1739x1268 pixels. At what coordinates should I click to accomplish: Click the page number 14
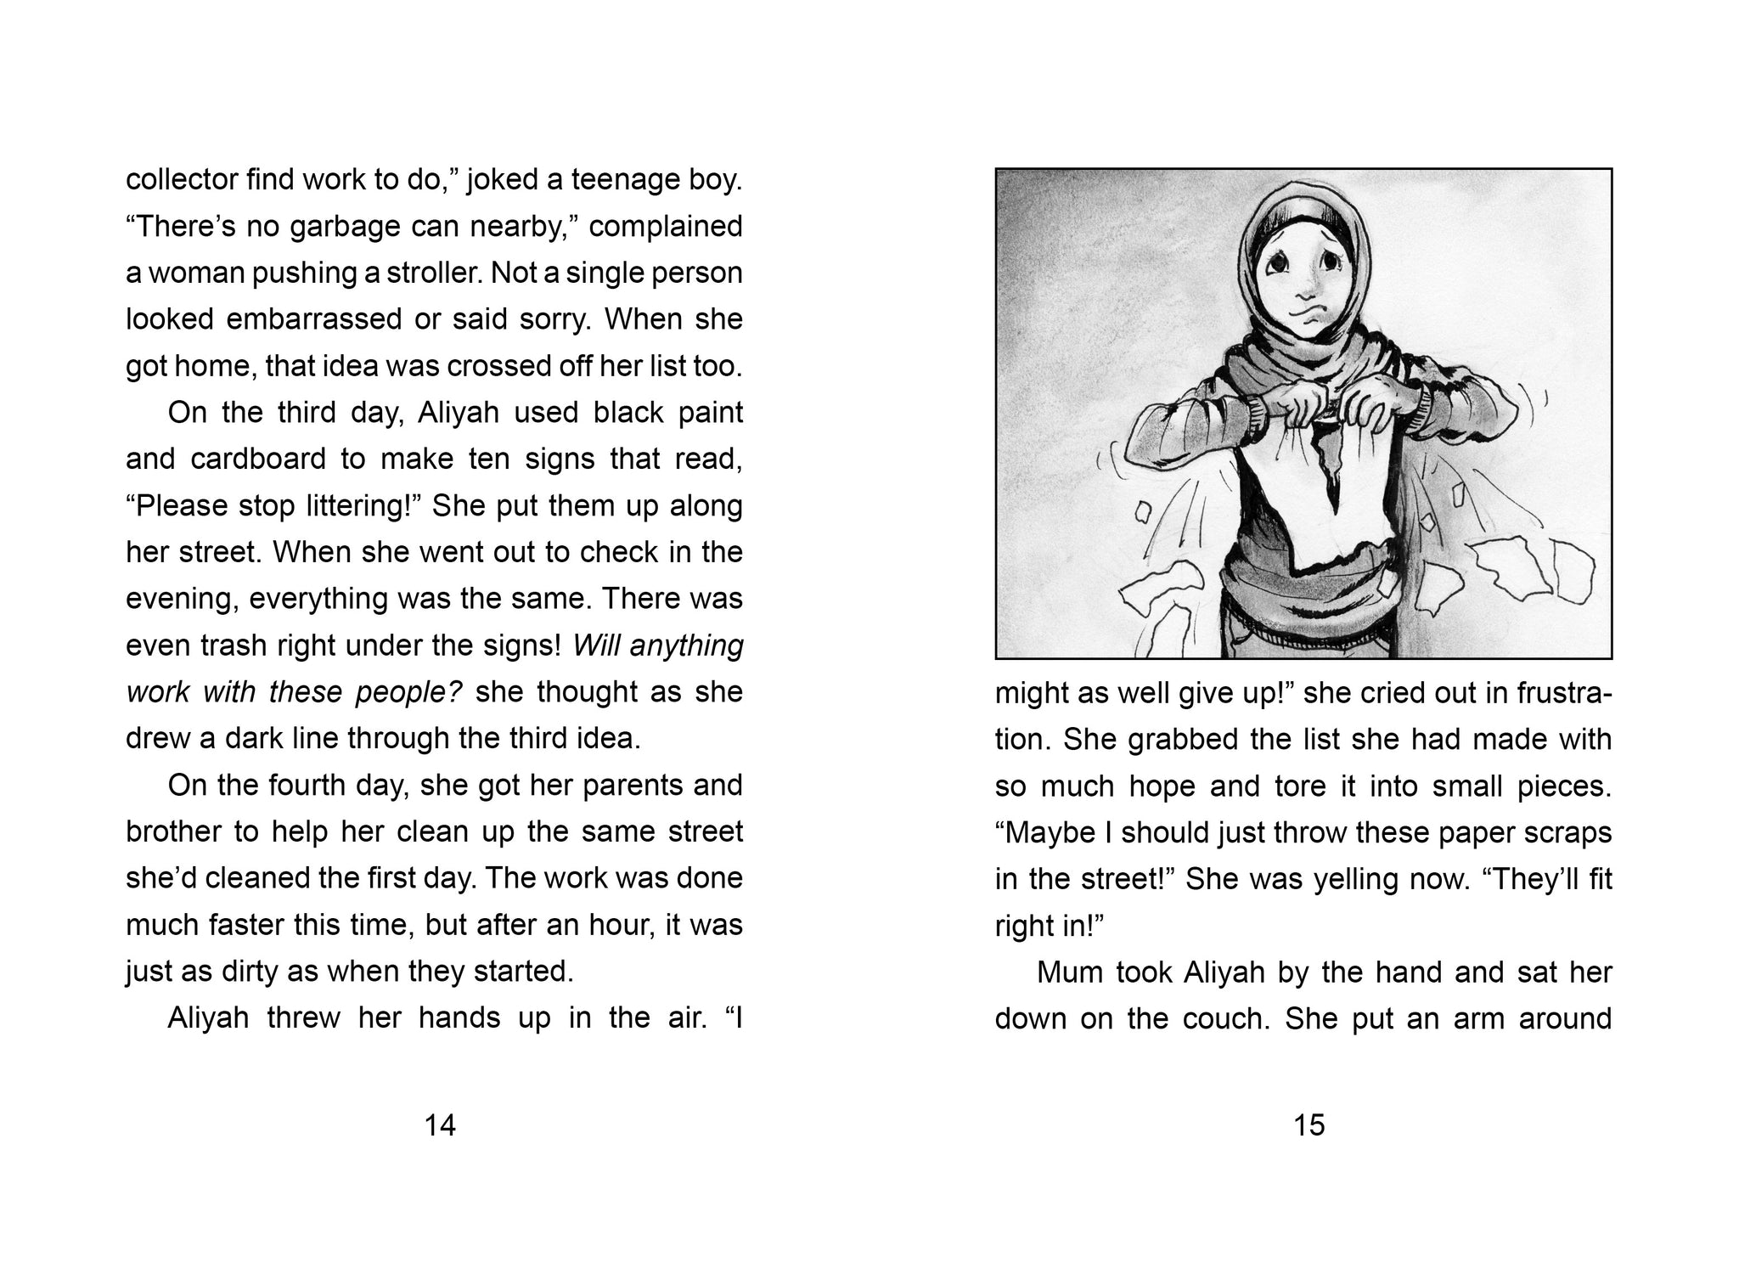tap(440, 1125)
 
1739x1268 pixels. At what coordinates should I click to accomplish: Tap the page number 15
tap(1308, 1125)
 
